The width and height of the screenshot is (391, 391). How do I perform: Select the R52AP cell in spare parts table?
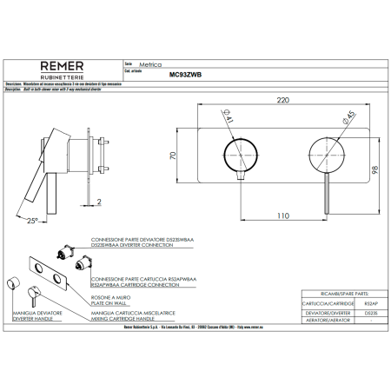point(369,305)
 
